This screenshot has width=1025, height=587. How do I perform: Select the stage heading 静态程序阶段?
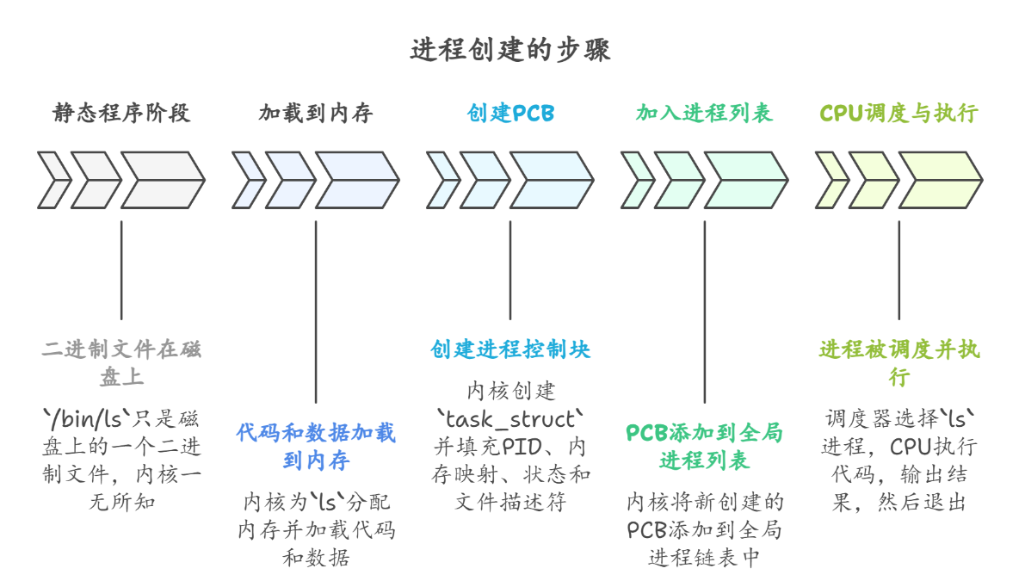120,114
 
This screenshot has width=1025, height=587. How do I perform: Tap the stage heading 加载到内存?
315,114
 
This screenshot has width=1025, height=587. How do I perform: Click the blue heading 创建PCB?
510,114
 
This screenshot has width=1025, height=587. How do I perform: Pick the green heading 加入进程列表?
704,114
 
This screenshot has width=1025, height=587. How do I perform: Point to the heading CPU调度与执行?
898,114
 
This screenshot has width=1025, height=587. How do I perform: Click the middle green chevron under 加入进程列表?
679,181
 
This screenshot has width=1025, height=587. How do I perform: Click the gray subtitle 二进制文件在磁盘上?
120,363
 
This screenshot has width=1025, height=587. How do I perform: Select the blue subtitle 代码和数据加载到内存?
316,446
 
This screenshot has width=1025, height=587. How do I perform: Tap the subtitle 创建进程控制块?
510,349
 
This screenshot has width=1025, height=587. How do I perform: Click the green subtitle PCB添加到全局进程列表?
705,446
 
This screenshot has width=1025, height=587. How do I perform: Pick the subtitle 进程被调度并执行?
898,363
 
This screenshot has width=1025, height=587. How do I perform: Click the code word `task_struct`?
510,419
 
